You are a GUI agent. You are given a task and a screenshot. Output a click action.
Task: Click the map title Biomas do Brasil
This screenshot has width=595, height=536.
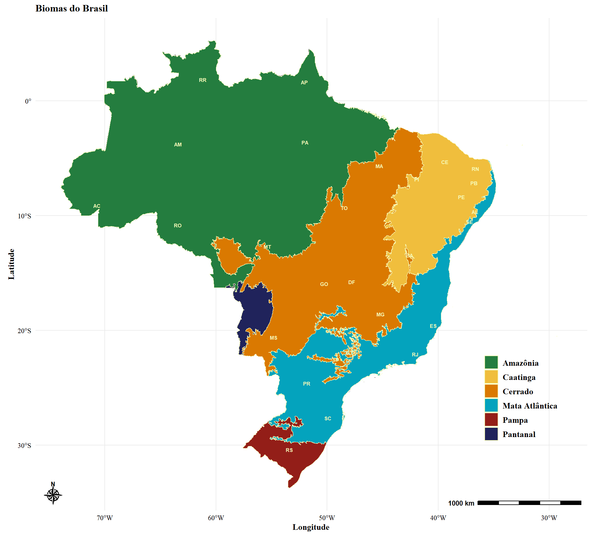tap(72, 8)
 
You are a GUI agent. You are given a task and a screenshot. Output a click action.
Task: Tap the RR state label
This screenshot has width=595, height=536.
tap(202, 80)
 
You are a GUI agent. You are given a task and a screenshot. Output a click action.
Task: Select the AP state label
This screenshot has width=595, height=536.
tap(304, 83)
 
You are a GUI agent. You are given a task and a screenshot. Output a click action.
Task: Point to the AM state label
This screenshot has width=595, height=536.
tap(178, 145)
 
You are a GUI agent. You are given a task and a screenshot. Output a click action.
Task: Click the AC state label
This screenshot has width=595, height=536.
tap(97, 206)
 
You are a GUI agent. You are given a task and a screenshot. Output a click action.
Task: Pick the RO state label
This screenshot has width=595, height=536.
tap(178, 226)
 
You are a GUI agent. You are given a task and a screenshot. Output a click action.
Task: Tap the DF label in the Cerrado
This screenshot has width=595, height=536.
tap(351, 282)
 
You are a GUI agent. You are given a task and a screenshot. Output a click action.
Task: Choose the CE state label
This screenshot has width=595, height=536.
tap(444, 162)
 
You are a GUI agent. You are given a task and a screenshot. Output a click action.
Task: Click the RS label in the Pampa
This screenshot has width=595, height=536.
tap(289, 450)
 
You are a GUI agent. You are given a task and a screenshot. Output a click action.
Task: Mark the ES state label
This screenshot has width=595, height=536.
tap(433, 326)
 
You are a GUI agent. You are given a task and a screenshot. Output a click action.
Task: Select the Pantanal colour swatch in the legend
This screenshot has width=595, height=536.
tap(491, 434)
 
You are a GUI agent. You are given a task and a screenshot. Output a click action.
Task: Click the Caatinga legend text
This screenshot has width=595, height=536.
tap(519, 377)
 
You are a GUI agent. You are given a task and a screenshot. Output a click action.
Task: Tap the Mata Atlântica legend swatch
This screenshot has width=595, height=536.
tap(491, 405)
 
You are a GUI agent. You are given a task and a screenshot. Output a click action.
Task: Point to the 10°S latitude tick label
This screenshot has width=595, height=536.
tap(24, 216)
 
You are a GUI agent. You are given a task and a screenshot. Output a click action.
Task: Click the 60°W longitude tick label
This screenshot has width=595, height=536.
tap(216, 518)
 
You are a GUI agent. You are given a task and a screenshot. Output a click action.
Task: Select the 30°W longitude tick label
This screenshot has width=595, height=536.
tap(549, 518)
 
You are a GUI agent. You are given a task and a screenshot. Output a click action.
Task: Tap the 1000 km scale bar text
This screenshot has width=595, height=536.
tap(461, 503)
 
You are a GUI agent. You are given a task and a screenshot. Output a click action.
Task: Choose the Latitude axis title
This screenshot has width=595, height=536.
tap(11, 264)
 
